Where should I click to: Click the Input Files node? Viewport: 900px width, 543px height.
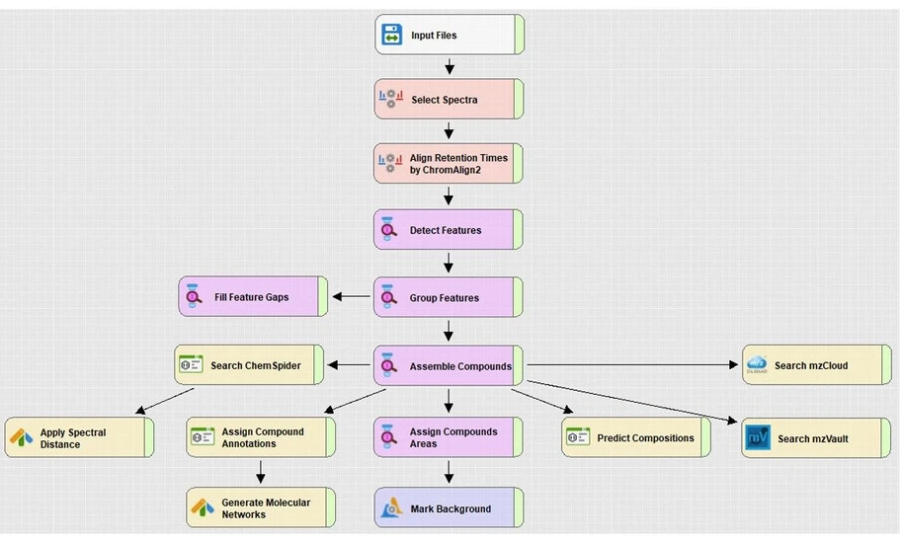[449, 36]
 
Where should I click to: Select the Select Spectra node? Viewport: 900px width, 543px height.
[449, 100]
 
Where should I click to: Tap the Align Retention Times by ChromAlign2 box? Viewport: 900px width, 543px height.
[449, 164]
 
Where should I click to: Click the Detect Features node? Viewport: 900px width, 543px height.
[449, 230]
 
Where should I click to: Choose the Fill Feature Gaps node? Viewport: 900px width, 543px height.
[253, 297]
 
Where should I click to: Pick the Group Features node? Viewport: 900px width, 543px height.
[449, 297]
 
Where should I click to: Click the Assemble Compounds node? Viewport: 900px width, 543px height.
[449, 365]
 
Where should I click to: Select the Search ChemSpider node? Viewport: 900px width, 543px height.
[249, 365]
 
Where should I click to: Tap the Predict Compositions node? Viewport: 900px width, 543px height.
[636, 438]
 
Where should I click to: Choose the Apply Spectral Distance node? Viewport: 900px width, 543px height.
[79, 438]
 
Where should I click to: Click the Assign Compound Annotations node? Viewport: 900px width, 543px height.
[261, 438]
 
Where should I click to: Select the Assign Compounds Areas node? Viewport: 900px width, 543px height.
[449, 438]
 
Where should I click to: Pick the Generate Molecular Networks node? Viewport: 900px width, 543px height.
[261, 508]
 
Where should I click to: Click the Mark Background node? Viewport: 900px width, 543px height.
[449, 508]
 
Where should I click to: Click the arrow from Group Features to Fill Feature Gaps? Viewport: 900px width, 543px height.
[351, 297]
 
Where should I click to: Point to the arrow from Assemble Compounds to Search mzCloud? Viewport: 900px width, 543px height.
[632, 365]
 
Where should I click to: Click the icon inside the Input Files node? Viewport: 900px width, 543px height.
[391, 36]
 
